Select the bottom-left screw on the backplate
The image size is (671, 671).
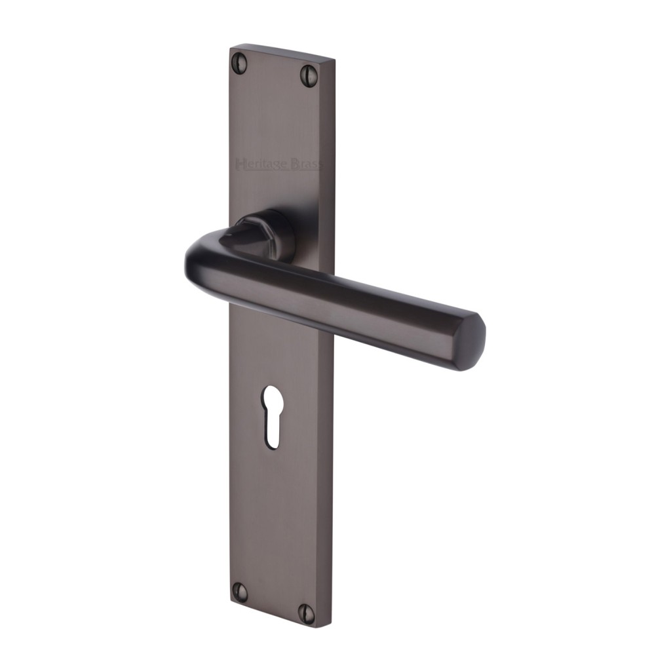[x=240, y=592]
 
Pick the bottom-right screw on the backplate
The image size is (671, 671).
[x=307, y=613]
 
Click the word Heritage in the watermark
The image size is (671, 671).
[x=261, y=164]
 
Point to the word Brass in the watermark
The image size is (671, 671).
[x=307, y=164]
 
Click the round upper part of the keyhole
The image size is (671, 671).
[x=272, y=398]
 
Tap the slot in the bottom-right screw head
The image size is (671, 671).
[x=307, y=613]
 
